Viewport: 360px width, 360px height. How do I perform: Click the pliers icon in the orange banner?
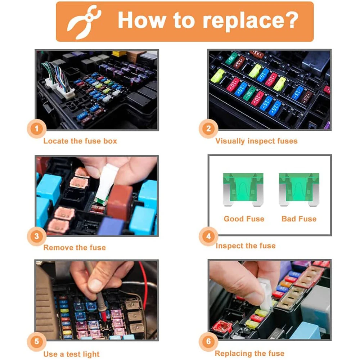pos(84,22)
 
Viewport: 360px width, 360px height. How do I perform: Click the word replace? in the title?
pos(250,22)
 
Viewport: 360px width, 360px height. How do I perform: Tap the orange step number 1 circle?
pos(37,129)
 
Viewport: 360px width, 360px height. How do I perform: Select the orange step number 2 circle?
pos(208,129)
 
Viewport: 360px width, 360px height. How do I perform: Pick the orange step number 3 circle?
pos(37,236)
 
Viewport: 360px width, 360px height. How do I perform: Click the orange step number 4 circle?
pos(208,236)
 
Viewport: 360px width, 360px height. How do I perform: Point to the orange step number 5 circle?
pos(37,342)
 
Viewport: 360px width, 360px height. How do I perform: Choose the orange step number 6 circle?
pos(208,342)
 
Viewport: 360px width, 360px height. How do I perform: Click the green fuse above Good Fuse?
pos(243,189)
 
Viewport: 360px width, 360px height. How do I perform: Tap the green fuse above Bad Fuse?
pos(299,189)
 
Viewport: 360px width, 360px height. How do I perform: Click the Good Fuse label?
pos(244,219)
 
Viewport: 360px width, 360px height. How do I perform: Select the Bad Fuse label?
pos(299,219)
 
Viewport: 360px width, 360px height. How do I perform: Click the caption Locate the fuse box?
pos(80,141)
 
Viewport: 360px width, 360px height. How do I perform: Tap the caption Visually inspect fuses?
pos(256,141)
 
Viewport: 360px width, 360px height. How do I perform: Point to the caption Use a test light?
pos(71,354)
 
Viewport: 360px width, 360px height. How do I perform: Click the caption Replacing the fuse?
pos(249,354)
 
